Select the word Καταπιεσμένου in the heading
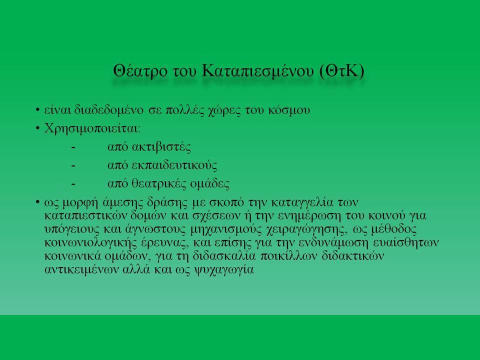258,71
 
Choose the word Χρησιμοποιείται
92,128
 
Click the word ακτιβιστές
161,147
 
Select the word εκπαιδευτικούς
174,165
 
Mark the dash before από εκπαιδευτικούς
73,166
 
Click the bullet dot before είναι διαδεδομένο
37,109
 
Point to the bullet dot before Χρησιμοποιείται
37,128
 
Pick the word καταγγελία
302,202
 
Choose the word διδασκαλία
224,256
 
